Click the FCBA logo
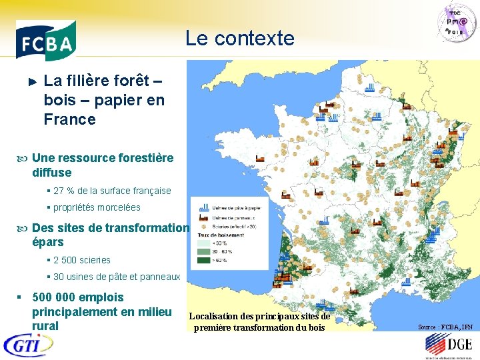pos(45,40)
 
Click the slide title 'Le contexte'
pos(239,39)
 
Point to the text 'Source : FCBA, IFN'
pos(445,327)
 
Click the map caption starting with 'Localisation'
pos(259,321)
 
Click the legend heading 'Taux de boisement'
pos(220,235)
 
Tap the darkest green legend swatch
pos(203,261)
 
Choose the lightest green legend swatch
pos(203,243)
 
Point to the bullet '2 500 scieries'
pos(81,260)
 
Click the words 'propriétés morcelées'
pos(97,207)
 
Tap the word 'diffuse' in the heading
pos(51,172)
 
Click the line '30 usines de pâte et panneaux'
pos(116,277)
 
